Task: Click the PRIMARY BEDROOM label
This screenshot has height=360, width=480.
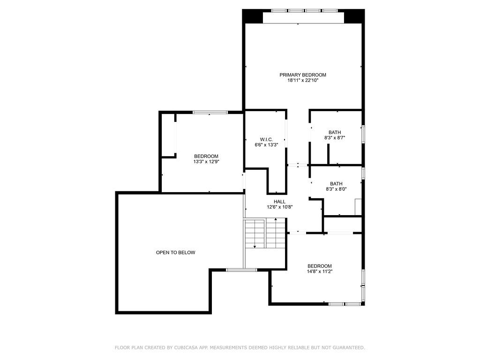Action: [303, 75]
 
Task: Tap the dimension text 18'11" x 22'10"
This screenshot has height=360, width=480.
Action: [303, 81]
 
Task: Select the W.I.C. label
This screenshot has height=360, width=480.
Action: [266, 139]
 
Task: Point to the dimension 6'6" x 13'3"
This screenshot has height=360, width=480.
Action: [266, 145]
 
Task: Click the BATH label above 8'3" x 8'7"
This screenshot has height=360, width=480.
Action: [335, 133]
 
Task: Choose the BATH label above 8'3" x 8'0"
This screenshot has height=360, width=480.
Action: [336, 184]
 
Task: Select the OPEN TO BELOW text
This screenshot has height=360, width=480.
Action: [175, 253]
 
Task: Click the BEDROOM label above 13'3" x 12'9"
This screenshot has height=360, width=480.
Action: [206, 156]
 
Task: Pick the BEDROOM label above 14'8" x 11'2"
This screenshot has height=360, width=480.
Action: [319, 266]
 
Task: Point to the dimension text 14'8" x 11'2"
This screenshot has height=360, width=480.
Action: [319, 271]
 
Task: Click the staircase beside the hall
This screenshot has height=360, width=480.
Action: [265, 234]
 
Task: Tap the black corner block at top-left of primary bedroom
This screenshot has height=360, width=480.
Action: [252, 16]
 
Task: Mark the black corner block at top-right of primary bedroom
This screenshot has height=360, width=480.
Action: [354, 16]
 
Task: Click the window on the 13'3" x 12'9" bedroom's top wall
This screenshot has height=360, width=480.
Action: [210, 112]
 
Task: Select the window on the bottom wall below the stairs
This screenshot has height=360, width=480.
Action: [241, 270]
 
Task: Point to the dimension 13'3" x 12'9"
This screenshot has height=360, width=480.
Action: [206, 162]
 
